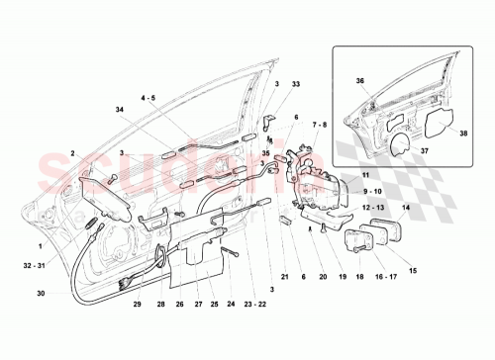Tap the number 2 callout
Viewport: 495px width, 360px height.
[73, 153]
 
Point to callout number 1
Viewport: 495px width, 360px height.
[41, 245]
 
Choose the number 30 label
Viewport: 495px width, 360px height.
[41, 293]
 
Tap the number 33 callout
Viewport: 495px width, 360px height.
[295, 86]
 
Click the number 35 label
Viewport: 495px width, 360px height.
[265, 154]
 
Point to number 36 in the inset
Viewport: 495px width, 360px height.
[360, 81]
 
